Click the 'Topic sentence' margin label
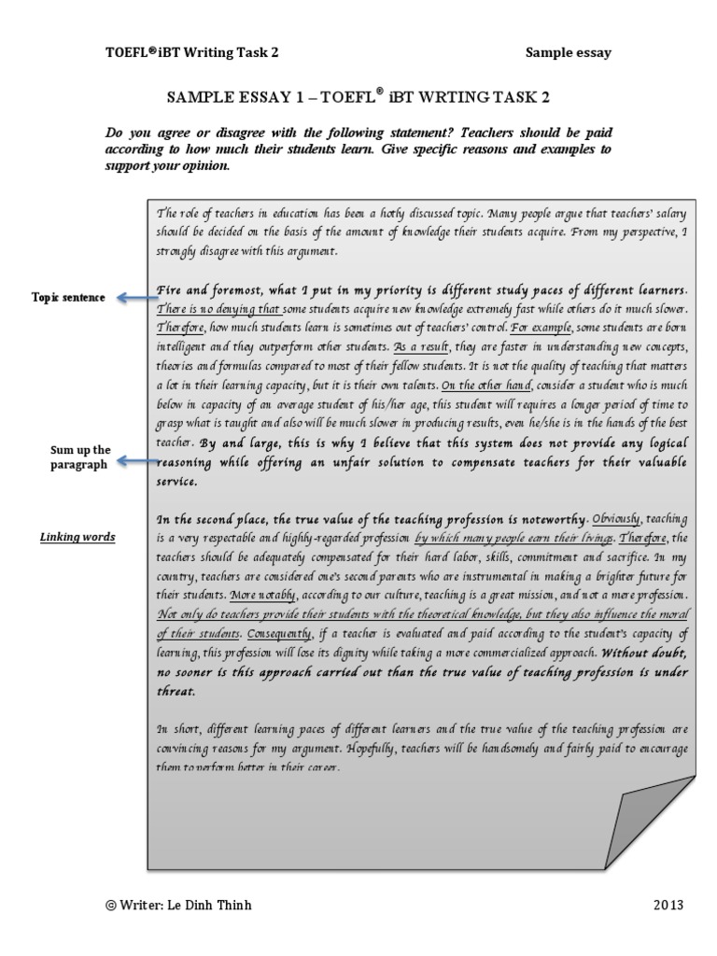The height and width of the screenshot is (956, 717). [67, 298]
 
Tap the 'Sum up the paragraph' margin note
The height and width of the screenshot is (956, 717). [80, 457]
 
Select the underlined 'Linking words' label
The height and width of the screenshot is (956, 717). [77, 537]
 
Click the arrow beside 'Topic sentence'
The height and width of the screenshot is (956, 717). [132, 298]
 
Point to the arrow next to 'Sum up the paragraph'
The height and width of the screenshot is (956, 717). [132, 460]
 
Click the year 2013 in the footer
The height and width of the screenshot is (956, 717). [669, 905]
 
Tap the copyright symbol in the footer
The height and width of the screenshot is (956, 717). [111, 906]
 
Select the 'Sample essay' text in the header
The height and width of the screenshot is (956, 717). [568, 53]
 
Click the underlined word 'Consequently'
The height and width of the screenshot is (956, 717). [279, 635]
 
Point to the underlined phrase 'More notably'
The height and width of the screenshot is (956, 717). [265, 595]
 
